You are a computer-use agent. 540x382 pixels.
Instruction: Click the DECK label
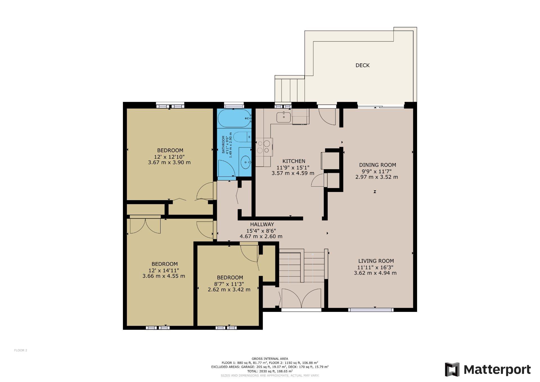point(362,65)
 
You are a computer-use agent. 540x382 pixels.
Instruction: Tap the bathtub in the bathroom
point(234,118)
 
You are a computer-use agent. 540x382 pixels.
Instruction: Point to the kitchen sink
point(283,117)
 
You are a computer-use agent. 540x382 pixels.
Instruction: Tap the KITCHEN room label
point(294,161)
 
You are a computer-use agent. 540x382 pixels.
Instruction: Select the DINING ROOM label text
point(377,165)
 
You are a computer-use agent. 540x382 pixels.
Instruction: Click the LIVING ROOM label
point(376,261)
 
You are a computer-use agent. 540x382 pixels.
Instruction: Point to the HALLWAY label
point(262,224)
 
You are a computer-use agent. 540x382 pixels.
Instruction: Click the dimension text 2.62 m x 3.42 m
point(229,289)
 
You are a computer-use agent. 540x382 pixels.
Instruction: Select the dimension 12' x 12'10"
point(169,157)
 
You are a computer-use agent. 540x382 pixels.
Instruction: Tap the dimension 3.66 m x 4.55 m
point(164,276)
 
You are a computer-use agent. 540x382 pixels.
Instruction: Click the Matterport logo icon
point(452,370)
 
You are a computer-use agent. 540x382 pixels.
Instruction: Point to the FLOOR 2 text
point(21,350)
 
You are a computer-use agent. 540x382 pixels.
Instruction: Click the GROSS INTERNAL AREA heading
point(270,359)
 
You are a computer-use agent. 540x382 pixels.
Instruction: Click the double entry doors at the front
point(301,298)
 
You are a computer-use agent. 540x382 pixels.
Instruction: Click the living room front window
point(371,310)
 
